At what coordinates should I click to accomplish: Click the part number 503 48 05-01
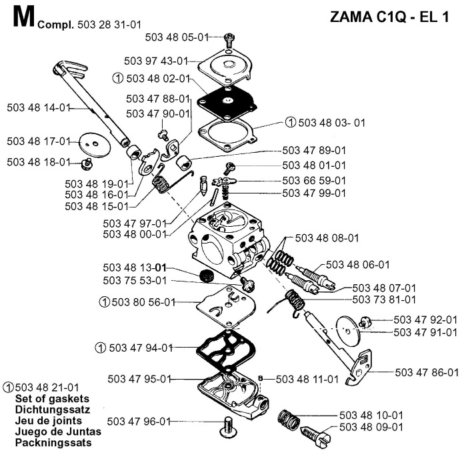[x=189, y=38]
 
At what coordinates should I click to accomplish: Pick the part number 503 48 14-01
[x=39, y=107]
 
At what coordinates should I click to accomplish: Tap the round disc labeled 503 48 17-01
[x=91, y=141]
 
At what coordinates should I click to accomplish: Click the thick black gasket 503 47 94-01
[x=226, y=347]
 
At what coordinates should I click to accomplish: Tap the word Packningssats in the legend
[x=52, y=442]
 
